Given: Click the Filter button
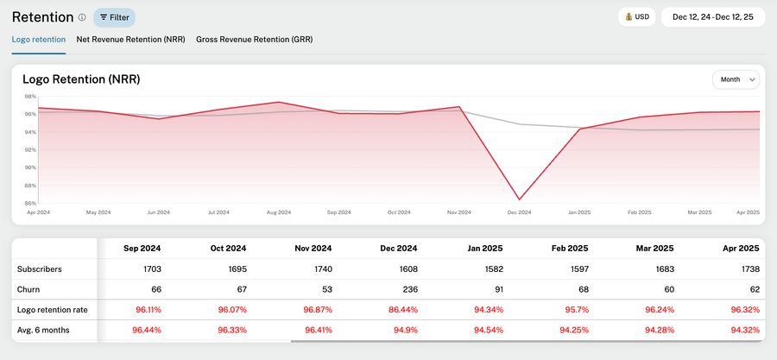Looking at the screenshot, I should click(x=114, y=17).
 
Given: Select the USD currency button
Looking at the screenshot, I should click(x=636, y=16).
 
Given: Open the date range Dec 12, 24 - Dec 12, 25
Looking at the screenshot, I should click(x=712, y=16).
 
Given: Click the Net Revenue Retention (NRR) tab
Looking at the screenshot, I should click(x=131, y=39).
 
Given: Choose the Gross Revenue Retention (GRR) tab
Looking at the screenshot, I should click(x=254, y=39).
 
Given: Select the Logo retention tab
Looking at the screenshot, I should click(x=39, y=39).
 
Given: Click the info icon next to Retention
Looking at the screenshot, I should click(x=82, y=17).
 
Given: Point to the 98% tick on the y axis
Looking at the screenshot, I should click(x=30, y=97).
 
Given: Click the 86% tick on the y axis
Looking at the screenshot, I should click(x=30, y=203).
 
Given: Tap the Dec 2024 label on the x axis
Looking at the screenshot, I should click(x=519, y=212).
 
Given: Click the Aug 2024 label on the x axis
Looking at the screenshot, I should click(x=279, y=212).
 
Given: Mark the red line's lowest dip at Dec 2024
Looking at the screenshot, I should click(x=519, y=199).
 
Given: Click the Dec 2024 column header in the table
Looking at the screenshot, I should click(x=399, y=248).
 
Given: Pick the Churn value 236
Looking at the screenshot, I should click(x=409, y=290).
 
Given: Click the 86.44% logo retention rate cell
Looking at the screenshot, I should click(x=401, y=309).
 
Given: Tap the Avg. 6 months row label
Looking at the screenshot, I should click(x=43, y=330).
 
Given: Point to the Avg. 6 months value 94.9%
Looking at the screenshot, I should click(x=406, y=330).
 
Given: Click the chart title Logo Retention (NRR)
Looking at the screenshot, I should click(x=81, y=79).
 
